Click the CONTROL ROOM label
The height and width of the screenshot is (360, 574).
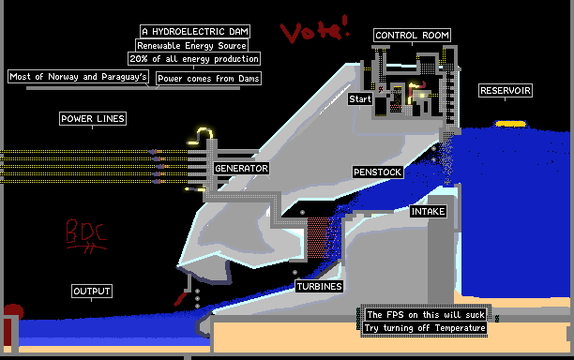[412, 36]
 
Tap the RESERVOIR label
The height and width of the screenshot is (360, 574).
[506, 91]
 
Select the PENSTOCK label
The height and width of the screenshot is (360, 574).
[377, 172]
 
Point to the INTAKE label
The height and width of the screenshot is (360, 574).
[428, 212]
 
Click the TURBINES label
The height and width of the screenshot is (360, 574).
[319, 287]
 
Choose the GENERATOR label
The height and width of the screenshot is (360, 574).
[242, 169]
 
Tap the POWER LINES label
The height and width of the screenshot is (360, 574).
[93, 118]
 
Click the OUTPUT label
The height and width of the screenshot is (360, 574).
[92, 292]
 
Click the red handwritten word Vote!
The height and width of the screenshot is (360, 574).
[315, 30]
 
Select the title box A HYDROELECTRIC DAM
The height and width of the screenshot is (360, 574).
[195, 32]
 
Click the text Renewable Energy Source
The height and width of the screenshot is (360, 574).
[191, 46]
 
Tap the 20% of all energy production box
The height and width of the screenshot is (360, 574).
[194, 59]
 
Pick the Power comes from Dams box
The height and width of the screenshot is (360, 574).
[208, 79]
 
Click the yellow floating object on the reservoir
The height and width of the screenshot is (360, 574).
[510, 124]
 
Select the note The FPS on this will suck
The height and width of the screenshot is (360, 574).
[426, 315]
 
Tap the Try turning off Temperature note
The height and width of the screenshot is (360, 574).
[425, 328]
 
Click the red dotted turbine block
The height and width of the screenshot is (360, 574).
[319, 238]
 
